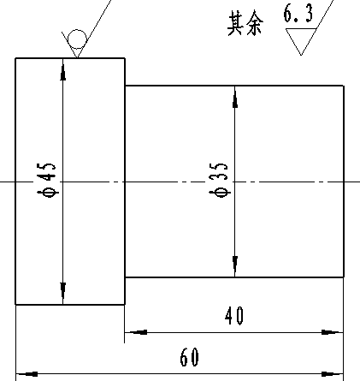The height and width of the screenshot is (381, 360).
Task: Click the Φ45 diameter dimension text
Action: [x=47, y=181]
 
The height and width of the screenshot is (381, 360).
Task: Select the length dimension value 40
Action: [x=234, y=316]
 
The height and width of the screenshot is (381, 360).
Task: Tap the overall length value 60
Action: [x=189, y=357]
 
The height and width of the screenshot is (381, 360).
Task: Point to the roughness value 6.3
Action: [x=298, y=13]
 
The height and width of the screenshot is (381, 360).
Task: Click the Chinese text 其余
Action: [x=245, y=23]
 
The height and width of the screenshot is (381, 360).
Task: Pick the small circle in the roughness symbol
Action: [x=77, y=39]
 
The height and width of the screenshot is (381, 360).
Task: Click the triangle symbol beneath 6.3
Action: [x=301, y=42]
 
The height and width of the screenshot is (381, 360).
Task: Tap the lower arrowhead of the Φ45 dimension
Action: [x=63, y=294]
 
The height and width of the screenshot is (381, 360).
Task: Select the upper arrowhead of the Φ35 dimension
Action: [x=235, y=97]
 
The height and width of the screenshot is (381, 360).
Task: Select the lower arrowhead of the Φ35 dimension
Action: [x=235, y=266]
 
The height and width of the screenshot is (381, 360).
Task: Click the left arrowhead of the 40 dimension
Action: [x=136, y=332]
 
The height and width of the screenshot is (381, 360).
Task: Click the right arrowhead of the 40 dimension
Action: [x=333, y=332]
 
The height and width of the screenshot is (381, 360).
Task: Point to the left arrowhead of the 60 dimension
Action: [x=27, y=374]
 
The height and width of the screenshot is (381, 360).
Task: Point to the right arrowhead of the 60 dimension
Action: [x=333, y=374]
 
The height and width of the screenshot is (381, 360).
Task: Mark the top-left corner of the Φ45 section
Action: [x=15, y=58]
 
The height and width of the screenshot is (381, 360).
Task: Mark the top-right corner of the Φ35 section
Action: [x=344, y=86]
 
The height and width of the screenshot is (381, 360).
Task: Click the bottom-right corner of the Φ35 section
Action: [x=344, y=277]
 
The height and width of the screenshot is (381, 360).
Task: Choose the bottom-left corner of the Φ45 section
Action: [x=15, y=305]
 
